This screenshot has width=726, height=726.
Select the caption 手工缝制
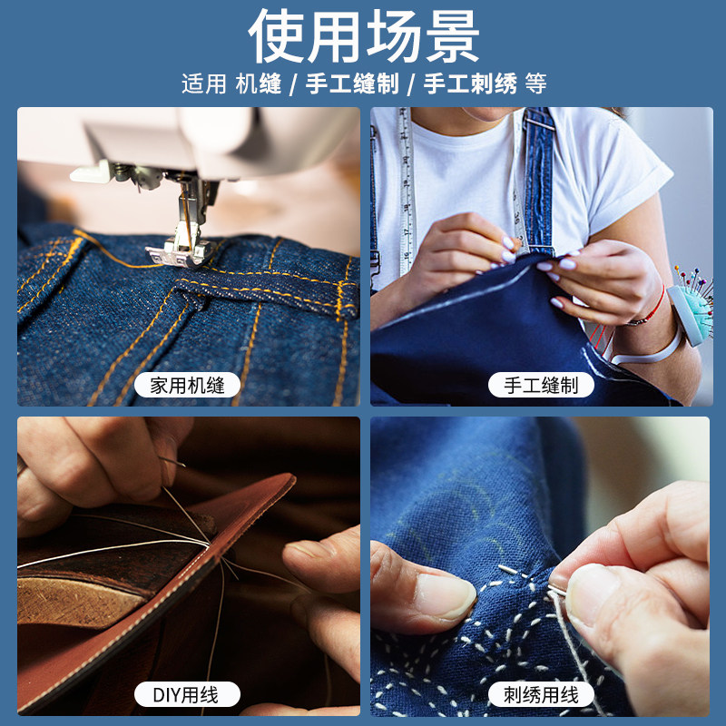pyautogui.click(x=541, y=385)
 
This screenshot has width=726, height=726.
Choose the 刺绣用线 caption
pyautogui.click(x=541, y=695)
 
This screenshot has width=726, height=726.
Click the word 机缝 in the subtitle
pyautogui.click(x=258, y=84)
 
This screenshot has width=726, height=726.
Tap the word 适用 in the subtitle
pyautogui.click(x=202, y=84)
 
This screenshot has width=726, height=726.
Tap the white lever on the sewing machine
pyautogui.click(x=91, y=172)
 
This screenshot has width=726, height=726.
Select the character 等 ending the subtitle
pyautogui.click(x=535, y=84)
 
